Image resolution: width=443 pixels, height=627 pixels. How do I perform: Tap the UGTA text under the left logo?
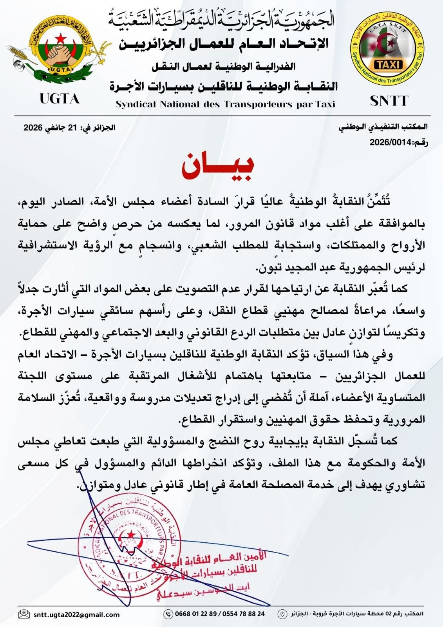click(x=60, y=99)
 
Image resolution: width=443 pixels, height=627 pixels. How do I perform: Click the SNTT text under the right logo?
click(x=389, y=101)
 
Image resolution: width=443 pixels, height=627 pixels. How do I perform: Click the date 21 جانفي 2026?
click(x=69, y=127)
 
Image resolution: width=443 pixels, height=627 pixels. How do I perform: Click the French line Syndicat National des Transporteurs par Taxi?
click(x=225, y=104)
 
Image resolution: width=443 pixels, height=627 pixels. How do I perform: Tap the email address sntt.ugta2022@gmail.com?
click(x=76, y=614)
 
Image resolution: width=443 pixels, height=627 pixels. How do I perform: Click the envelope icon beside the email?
click(x=24, y=614)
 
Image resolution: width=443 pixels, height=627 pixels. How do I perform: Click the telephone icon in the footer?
click(x=168, y=614)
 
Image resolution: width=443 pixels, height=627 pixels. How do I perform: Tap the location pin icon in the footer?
click(x=281, y=614)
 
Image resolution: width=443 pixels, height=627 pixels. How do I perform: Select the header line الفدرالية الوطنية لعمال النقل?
click(x=224, y=66)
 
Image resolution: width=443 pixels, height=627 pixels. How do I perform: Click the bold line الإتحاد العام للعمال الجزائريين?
click(x=224, y=43)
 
